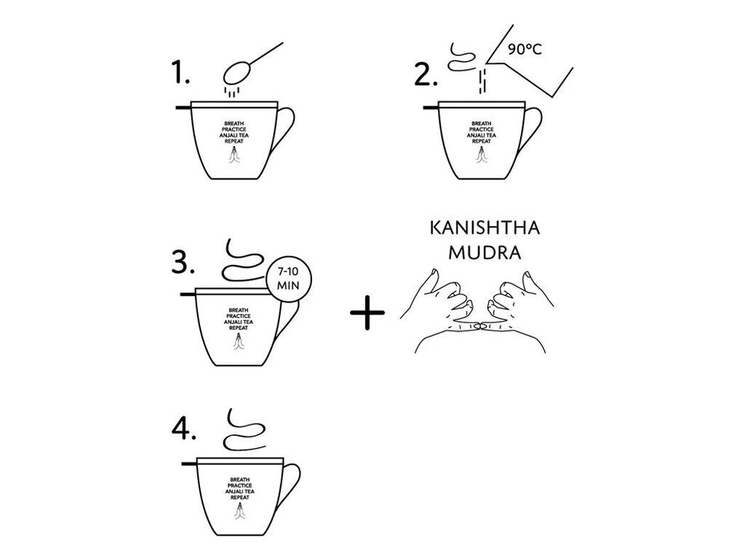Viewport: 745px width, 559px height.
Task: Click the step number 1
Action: point(180,74)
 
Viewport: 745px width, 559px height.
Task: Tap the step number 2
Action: point(426,74)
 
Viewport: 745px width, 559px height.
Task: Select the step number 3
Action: point(183,261)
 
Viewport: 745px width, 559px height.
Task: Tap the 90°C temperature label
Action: point(525,49)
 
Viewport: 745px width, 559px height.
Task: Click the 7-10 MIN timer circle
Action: point(288,279)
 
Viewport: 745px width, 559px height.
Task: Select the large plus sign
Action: point(367,312)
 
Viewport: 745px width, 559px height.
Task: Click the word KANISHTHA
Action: point(485,228)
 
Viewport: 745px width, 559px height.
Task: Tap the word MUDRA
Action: point(485,253)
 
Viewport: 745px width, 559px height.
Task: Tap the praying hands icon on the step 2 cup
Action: point(482,156)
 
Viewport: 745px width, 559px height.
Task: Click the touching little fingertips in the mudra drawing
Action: point(480,326)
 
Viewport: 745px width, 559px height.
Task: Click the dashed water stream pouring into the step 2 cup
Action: point(482,82)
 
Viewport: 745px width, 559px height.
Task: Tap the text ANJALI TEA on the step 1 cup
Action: point(234,135)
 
